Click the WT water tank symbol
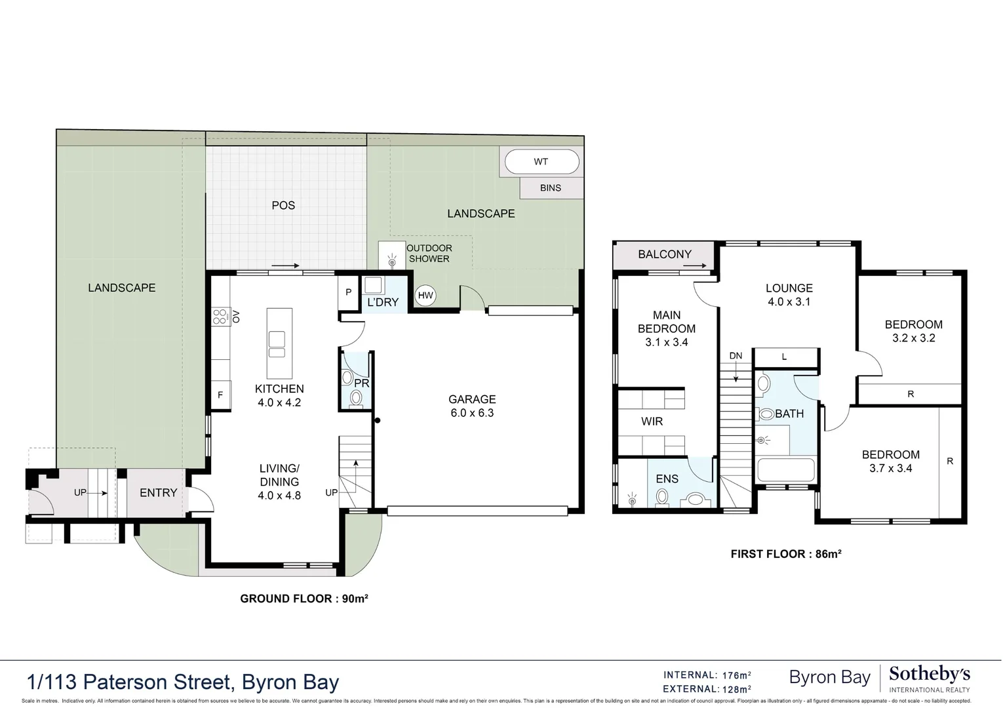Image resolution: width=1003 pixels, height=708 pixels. (541, 162)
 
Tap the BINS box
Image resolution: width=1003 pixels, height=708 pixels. (551, 188)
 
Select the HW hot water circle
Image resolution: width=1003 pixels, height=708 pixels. (425, 296)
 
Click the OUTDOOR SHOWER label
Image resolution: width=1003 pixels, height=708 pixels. (429, 254)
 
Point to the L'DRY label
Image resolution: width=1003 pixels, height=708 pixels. (383, 302)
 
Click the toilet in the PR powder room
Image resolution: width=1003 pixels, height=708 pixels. (356, 398)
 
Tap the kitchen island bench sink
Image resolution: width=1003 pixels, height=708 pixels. (277, 344)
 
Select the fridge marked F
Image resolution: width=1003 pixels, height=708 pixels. (220, 395)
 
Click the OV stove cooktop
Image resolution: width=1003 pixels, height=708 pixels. (220, 317)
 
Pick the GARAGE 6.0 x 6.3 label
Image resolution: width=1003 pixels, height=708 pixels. (472, 406)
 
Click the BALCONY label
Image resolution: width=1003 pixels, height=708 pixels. (665, 254)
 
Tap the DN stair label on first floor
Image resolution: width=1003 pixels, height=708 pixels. (736, 356)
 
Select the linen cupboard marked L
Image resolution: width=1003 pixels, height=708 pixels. (785, 357)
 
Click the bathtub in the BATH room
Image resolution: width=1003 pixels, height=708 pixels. (785, 470)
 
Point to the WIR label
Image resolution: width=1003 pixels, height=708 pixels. (652, 422)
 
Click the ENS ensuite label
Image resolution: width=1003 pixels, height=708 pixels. (667, 479)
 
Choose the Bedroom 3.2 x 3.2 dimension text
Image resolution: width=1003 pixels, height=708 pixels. (913, 338)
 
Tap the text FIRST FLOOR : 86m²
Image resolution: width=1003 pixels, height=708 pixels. (785, 554)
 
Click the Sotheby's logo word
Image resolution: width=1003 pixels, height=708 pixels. (929, 674)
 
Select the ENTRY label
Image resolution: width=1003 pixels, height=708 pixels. (158, 493)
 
